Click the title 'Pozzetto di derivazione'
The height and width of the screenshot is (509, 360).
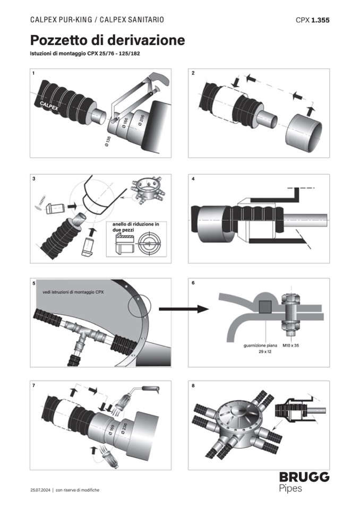point(107,40)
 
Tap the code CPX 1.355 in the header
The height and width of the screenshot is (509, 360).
point(313,20)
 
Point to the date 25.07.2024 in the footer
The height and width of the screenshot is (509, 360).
point(40,490)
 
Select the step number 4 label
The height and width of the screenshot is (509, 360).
point(193,179)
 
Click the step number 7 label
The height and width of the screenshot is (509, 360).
point(34,385)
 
